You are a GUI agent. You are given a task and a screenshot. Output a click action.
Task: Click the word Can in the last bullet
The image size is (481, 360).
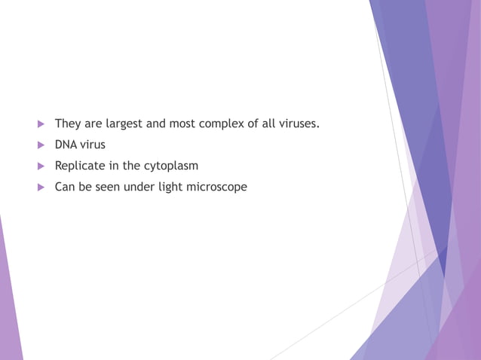click(x=64, y=186)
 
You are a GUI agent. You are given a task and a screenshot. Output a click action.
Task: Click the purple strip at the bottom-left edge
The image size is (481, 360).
click(x=9, y=316)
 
